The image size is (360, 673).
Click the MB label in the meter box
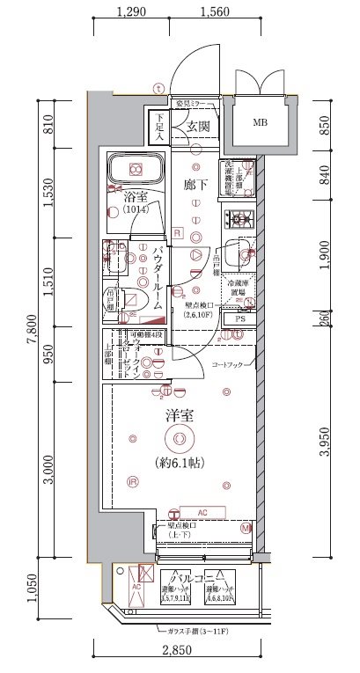(x=261, y=122)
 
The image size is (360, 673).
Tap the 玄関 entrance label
(x=196, y=128)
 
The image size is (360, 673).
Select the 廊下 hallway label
(x=195, y=187)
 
